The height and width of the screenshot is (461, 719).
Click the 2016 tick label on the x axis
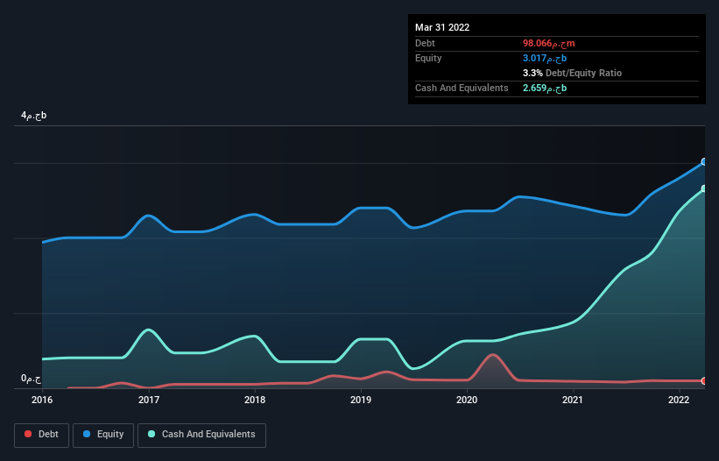coord(42,400)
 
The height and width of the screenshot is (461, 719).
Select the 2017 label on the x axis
coord(149,400)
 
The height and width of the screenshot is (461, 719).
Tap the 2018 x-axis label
coord(255,400)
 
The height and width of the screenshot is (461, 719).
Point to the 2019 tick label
coord(361,400)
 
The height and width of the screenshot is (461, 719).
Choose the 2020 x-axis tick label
coord(467,400)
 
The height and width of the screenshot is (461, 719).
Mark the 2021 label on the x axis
coord(573,400)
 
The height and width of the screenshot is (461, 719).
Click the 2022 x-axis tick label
coord(679,400)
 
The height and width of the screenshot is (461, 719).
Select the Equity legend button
coord(103,434)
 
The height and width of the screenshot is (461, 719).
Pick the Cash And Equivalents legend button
coord(201,434)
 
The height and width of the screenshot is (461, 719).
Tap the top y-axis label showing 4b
coord(34,116)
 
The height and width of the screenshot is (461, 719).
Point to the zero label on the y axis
coord(32,379)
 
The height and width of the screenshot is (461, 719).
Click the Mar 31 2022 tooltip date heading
coord(442,27)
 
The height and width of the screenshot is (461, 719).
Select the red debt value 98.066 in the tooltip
coord(548,43)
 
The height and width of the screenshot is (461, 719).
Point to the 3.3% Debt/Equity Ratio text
coord(572,73)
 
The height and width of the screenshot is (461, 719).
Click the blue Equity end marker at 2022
coord(703,162)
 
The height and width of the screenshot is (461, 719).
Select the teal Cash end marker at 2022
coord(703,188)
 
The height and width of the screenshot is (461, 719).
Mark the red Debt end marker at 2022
coord(703,381)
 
